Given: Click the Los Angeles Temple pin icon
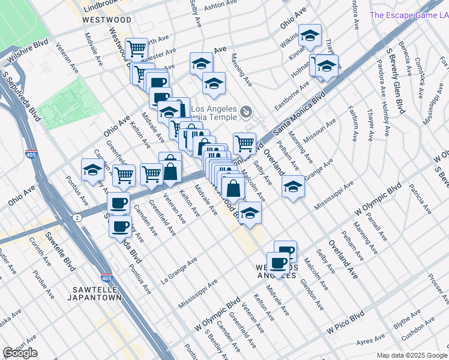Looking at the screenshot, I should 246,112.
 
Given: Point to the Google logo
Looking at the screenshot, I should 20,353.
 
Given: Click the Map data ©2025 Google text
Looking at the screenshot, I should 412,355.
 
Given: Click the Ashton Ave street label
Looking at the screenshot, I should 218,7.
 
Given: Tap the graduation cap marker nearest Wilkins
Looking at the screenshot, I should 310,36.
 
